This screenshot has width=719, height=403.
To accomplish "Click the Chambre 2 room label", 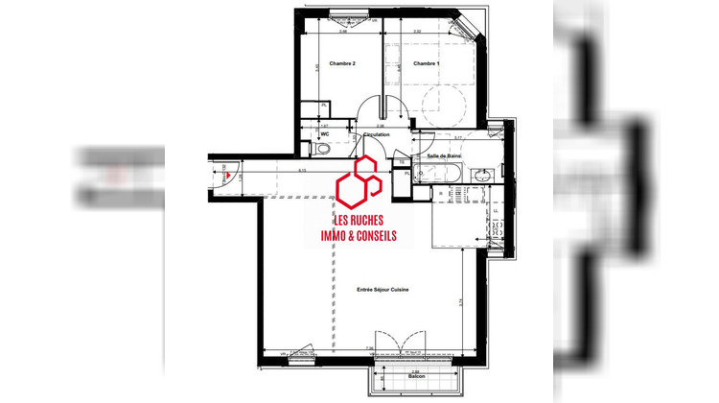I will (x=342, y=63).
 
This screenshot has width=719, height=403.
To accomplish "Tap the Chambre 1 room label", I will (x=427, y=63).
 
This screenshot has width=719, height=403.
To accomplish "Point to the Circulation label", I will (x=377, y=135).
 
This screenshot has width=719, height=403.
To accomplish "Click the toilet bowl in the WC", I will (x=322, y=149).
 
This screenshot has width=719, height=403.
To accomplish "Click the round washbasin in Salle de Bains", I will (x=484, y=174).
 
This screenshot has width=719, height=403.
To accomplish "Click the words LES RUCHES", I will (x=359, y=218).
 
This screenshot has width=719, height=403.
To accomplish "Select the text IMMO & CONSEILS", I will (x=358, y=234).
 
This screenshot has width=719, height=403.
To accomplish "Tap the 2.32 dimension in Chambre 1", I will (x=418, y=32).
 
